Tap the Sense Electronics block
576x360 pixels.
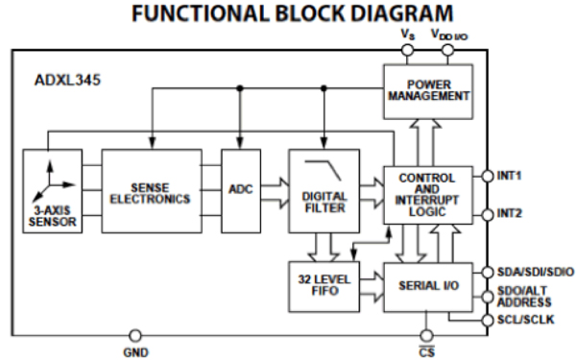click(x=152, y=191)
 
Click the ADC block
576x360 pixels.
click(x=240, y=190)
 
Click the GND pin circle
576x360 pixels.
click(x=134, y=335)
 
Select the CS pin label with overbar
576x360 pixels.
click(x=426, y=351)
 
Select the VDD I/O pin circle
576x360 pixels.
click(x=447, y=49)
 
